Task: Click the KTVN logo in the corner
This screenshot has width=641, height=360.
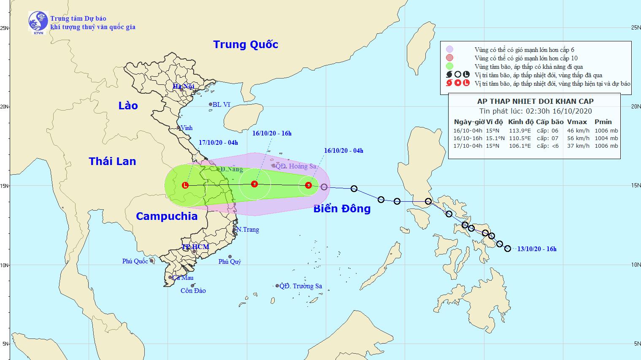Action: [38, 22]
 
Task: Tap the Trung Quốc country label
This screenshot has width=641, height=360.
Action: [246, 44]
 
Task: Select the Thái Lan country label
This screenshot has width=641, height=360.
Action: [112, 161]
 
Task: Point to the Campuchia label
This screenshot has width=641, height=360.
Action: [167, 216]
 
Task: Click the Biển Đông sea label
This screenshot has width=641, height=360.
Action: [342, 208]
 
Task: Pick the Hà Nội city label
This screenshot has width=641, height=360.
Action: [183, 86]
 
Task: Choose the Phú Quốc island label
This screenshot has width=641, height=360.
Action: [135, 261]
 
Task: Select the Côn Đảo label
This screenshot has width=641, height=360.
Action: [193, 291]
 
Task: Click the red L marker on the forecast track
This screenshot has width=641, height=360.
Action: [185, 185]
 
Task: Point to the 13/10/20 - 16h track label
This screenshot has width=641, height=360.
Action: [537, 249]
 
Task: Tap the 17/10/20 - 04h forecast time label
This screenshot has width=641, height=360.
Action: [218, 143]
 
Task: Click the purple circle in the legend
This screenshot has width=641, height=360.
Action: [450, 49]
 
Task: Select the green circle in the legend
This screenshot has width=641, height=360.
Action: [450, 66]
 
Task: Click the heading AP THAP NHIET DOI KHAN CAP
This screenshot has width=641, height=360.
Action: [535, 101]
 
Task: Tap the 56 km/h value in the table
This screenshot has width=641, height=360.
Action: [578, 138]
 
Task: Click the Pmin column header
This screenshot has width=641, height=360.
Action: [603, 122]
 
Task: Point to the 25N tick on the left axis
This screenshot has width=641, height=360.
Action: [5, 28]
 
